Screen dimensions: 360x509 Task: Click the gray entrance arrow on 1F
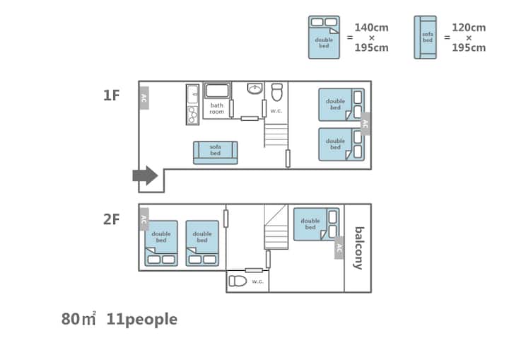click(146, 175)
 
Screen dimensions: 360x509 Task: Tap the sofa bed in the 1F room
click(216, 153)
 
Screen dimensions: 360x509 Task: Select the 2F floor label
click(112, 219)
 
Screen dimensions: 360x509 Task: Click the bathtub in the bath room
click(217, 91)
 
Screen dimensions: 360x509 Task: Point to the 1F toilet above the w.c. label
click(277, 92)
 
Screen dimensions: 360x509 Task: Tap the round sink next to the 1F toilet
click(255, 89)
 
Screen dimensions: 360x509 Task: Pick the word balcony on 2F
click(358, 248)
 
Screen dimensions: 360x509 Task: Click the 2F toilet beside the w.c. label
click(238, 281)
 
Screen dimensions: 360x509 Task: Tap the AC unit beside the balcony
click(339, 250)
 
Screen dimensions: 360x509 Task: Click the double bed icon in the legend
click(324, 37)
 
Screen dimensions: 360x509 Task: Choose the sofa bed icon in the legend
click(426, 37)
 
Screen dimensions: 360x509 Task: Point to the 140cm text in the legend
click(371, 28)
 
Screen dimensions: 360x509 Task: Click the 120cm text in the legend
click(469, 28)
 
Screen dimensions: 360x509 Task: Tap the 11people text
click(141, 319)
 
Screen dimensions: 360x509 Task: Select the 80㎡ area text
click(78, 319)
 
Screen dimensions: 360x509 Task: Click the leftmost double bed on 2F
click(161, 243)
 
